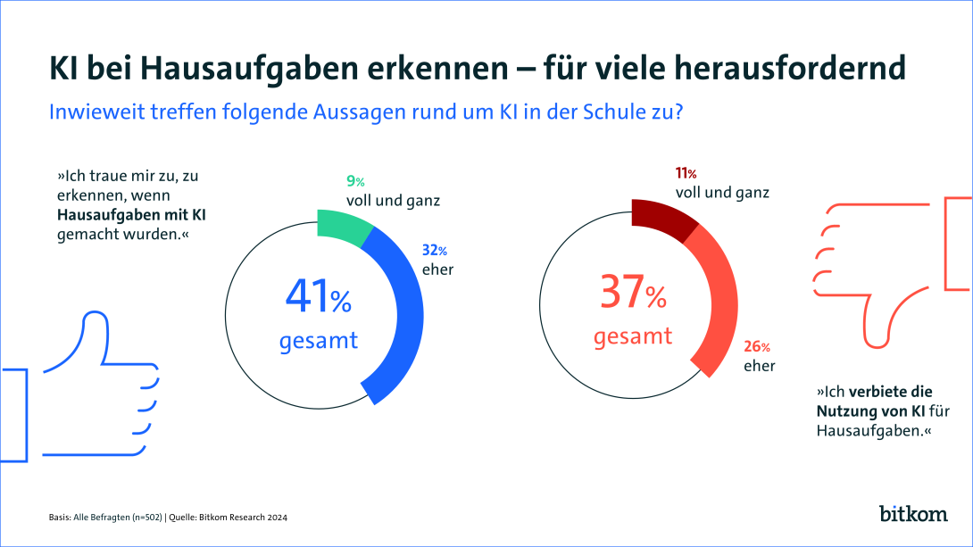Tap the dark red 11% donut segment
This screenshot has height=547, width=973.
point(661,219)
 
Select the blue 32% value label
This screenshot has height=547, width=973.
point(434,251)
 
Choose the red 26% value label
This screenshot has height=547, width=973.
point(757,347)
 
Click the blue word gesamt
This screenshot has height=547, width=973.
point(319,341)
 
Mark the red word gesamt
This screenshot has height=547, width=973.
point(633,337)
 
